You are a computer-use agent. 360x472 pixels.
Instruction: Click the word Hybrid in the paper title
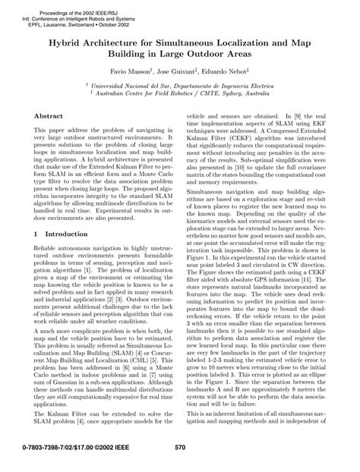point(68,45)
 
